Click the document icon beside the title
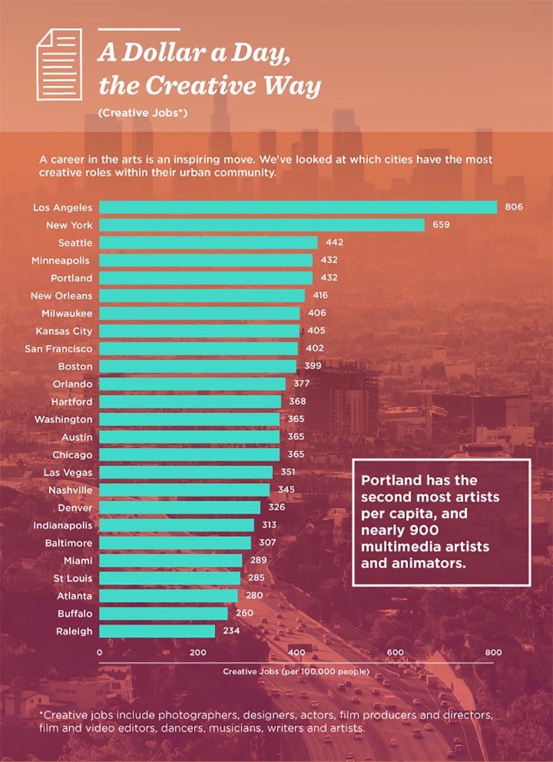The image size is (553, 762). click(x=59, y=64)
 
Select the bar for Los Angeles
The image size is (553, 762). click(x=298, y=208)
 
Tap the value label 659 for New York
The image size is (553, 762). click(x=440, y=225)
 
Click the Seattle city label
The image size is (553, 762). click(x=75, y=243)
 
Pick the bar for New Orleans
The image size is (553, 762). click(x=202, y=296)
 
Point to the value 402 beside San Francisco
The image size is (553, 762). click(x=314, y=349)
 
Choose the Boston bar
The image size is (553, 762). click(x=197, y=367)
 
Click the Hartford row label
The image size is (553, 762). click(x=72, y=402)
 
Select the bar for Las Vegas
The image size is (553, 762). click(x=186, y=472)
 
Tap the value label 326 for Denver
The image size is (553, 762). click(x=276, y=508)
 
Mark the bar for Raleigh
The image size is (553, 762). click(x=157, y=631)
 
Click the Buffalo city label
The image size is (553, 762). click(x=75, y=613)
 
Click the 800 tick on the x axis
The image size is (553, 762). click(x=493, y=653)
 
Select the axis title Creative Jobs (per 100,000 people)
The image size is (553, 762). click(x=296, y=671)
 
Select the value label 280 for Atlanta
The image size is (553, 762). click(x=254, y=596)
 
